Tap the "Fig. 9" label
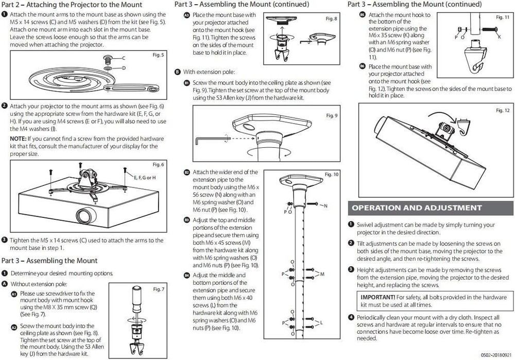(332, 115)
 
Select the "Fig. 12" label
(502, 111)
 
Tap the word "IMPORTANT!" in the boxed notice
(378, 297)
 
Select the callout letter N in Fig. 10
(325, 206)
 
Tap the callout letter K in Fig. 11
(499, 37)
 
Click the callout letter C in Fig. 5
(124, 58)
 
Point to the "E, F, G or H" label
(145, 177)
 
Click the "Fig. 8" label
(332, 19)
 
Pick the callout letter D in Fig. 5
(124, 67)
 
